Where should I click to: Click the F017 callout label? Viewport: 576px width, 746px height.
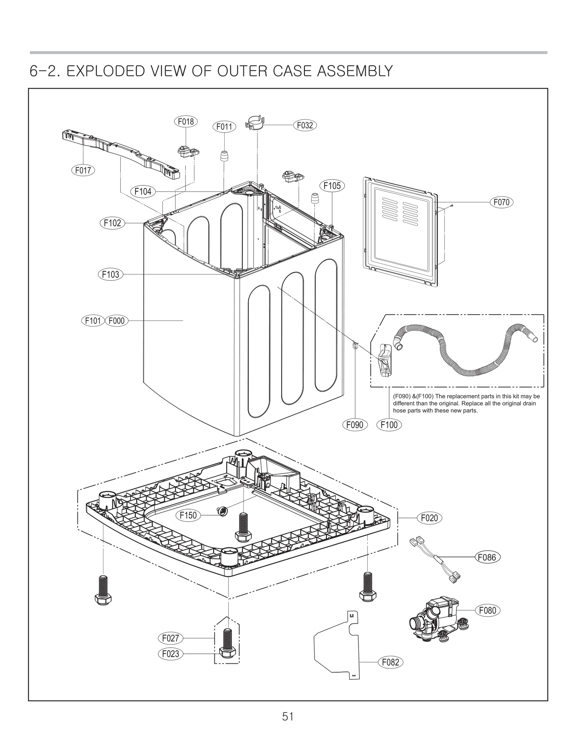(x=83, y=170)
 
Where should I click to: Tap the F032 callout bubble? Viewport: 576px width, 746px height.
(x=305, y=125)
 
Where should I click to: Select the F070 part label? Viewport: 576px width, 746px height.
(x=501, y=202)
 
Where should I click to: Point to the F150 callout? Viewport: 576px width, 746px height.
(x=188, y=515)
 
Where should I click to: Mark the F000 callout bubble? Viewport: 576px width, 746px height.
(x=116, y=320)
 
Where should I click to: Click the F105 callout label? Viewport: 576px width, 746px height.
(x=332, y=186)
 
